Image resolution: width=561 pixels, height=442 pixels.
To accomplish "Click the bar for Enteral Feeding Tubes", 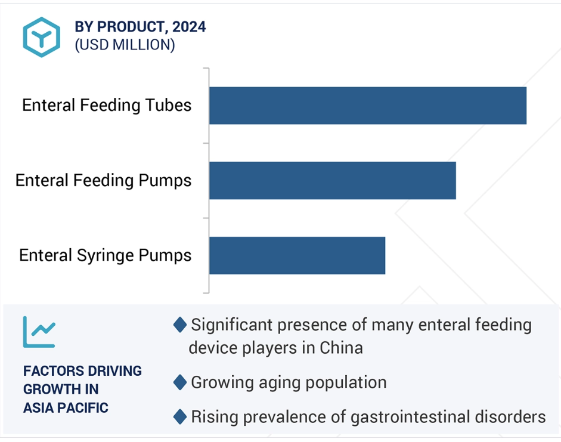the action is tap(368, 106).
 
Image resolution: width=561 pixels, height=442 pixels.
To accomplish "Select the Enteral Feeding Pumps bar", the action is tap(333, 180).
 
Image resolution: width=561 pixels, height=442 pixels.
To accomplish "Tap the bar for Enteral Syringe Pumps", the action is tap(297, 255).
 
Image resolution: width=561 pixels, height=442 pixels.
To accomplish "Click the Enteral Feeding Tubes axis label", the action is tap(107, 106).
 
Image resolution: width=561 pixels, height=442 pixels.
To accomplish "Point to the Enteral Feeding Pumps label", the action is tap(103, 180).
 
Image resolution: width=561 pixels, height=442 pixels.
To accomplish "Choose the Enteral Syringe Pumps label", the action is tap(105, 255).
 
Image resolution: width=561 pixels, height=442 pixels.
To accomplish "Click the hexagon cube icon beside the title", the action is tap(42, 37).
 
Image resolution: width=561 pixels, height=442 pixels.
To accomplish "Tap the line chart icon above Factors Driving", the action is tap(39, 332).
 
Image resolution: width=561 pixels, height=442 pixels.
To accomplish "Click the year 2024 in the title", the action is tap(189, 27).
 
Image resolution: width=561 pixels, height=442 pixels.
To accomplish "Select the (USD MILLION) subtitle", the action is tap(125, 45).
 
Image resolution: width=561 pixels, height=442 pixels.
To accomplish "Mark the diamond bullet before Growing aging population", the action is tap(180, 382).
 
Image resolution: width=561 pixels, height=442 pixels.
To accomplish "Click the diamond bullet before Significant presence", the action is tap(180, 324).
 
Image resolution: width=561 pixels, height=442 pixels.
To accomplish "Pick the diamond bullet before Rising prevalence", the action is tap(180, 416).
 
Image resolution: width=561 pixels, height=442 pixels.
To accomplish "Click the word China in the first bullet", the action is tap(342, 348).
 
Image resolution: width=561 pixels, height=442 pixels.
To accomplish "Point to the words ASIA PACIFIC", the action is tap(66, 407).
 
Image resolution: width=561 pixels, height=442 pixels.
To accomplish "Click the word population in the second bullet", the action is tap(346, 383).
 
